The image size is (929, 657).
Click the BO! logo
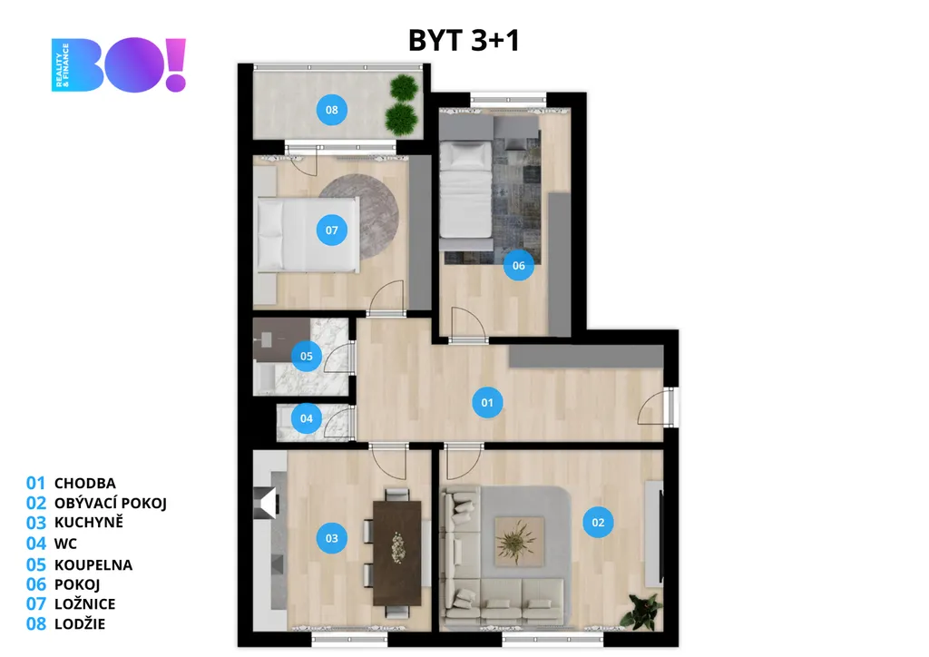click(119, 64)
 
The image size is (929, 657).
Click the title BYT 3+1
click(464, 40)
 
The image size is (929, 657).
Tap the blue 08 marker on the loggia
click(332, 110)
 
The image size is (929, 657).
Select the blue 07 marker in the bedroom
click(332, 230)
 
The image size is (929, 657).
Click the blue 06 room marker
click(518, 265)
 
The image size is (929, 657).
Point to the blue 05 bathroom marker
click(307, 356)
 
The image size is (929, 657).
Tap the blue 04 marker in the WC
click(307, 418)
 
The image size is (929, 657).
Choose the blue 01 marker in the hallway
click(487, 403)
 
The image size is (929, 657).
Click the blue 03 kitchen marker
click(332, 538)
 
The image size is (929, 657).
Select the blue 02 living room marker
click(598, 523)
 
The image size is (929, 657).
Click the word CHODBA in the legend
click(84, 484)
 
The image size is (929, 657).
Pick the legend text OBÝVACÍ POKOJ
click(110, 503)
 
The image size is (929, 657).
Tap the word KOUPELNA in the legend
click(93, 564)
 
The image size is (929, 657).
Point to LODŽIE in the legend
click(80, 623)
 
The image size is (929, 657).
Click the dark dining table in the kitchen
click(397, 554)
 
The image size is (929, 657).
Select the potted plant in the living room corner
click(641, 612)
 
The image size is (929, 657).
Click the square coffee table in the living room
click(519, 542)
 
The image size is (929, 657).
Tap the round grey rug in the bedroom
click(359, 216)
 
